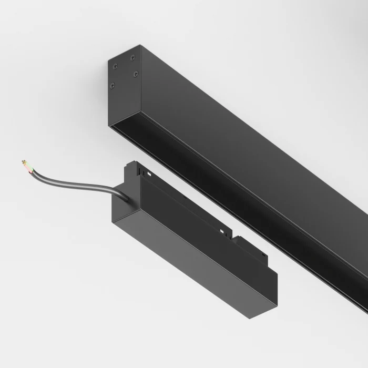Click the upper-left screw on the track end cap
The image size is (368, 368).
(x=114, y=65)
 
